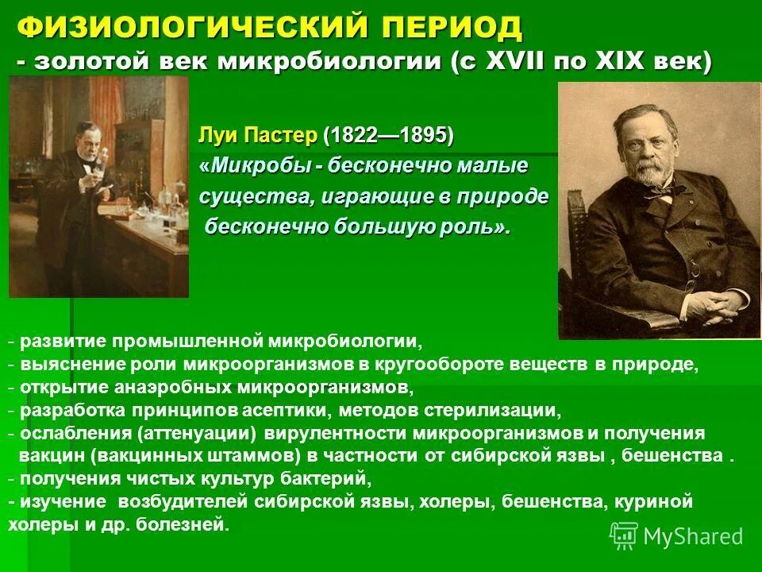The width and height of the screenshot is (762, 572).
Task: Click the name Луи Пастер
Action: pos(258,135)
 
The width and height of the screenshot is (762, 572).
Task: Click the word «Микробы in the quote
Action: pos(252,166)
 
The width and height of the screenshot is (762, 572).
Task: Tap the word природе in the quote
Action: pos(509,196)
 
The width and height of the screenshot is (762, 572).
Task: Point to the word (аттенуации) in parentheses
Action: pos(196,433)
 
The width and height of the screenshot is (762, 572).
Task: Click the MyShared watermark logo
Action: pos(624,535)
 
